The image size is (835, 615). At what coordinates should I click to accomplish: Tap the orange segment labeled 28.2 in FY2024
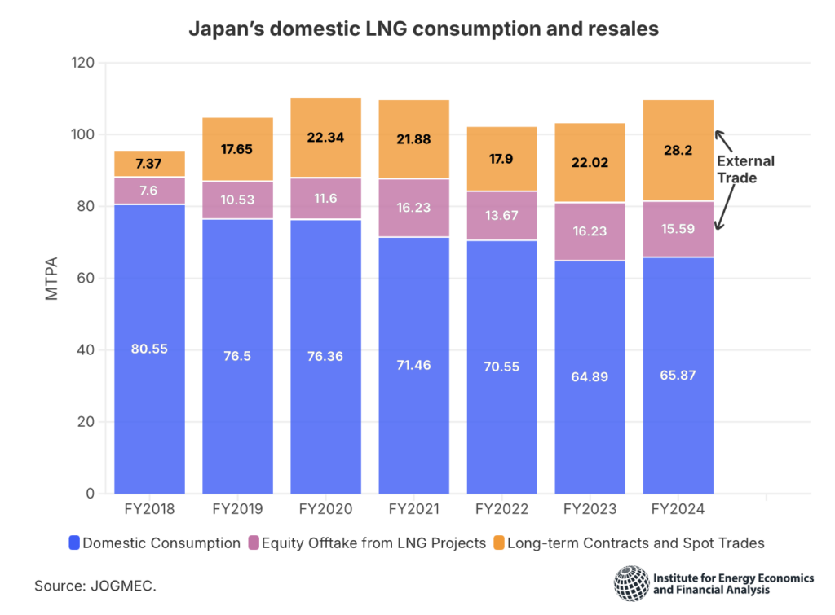click(678, 151)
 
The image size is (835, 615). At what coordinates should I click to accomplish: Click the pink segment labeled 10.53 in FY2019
click(237, 200)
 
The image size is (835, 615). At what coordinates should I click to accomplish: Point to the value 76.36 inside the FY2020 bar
click(325, 355)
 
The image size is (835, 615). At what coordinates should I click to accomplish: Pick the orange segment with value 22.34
click(325, 138)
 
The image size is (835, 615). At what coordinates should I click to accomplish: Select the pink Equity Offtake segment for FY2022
click(501, 216)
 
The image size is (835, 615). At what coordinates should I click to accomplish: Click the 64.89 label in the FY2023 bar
click(590, 376)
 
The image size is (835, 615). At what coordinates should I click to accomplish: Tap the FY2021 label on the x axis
click(413, 510)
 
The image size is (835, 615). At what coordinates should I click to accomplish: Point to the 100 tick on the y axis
click(82, 134)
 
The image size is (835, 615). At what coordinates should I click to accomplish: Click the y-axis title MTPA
click(51, 278)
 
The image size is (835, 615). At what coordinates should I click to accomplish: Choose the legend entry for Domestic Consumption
click(155, 543)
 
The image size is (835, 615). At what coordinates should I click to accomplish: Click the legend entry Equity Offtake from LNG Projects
click(368, 543)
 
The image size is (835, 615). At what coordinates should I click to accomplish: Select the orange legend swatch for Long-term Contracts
click(499, 543)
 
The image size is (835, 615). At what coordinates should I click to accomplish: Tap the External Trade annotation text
click(745, 169)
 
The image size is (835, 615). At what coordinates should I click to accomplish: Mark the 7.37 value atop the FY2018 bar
click(149, 164)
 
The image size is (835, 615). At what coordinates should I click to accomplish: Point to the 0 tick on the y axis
click(90, 494)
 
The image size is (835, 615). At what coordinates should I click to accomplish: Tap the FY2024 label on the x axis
click(678, 510)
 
